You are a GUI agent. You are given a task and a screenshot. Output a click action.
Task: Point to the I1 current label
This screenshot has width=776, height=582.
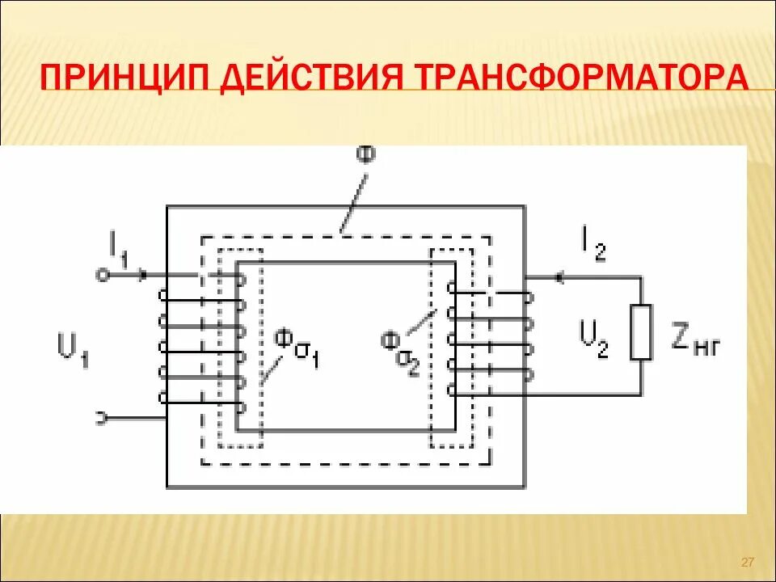(119, 246)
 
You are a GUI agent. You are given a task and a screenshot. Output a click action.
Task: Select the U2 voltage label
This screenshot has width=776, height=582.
(594, 338)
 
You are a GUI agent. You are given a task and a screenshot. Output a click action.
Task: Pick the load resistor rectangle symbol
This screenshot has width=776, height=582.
(641, 332)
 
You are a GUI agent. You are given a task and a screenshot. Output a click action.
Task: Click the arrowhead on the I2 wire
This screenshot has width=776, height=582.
(558, 277)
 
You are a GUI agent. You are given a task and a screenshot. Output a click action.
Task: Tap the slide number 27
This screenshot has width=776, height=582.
(746, 562)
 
